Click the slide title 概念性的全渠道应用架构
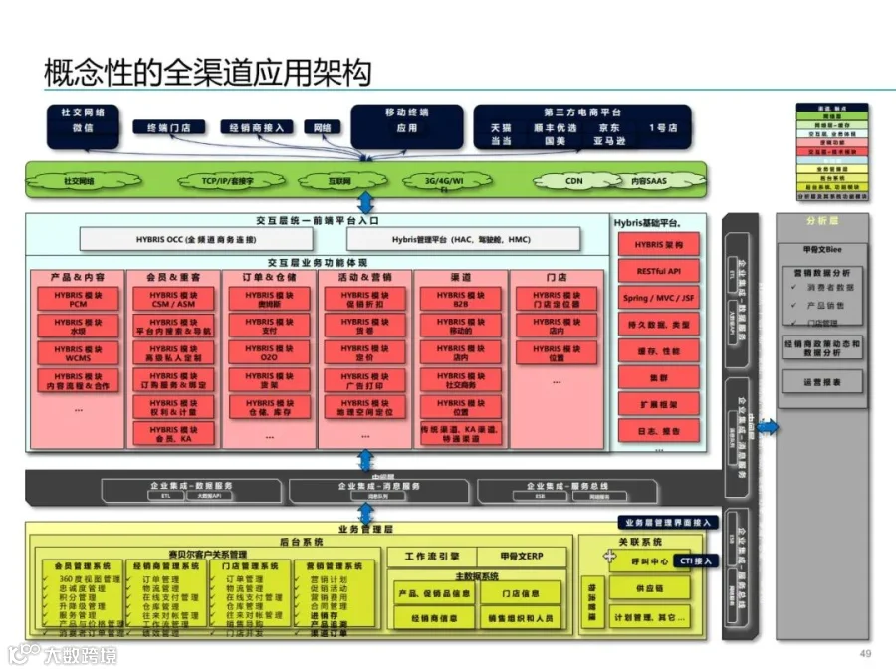(207, 72)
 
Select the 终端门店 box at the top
(169, 127)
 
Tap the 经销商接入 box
(256, 127)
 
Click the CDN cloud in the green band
(574, 181)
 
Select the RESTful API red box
(658, 271)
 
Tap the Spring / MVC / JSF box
(658, 298)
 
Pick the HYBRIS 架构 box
(658, 244)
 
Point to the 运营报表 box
(822, 382)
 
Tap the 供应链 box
(648, 588)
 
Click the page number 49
(864, 653)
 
